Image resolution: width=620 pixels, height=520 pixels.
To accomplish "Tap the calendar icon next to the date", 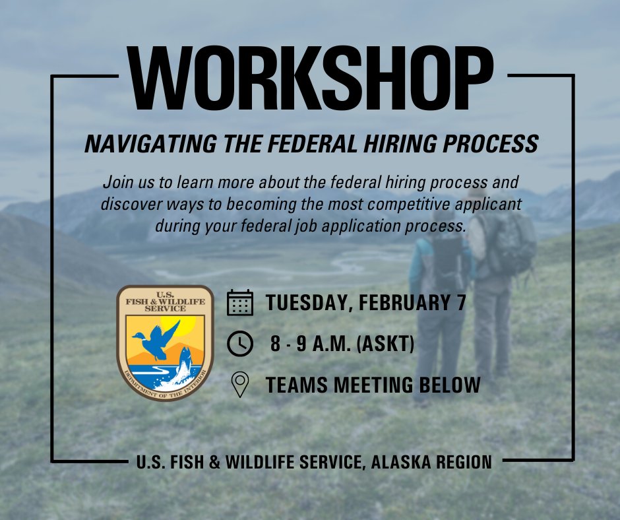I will click(x=240, y=302).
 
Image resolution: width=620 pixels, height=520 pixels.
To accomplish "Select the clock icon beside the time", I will click(x=240, y=343).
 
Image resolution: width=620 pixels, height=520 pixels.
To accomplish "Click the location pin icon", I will click(x=240, y=385).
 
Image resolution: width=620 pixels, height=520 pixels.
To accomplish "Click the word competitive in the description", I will click(x=426, y=204).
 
